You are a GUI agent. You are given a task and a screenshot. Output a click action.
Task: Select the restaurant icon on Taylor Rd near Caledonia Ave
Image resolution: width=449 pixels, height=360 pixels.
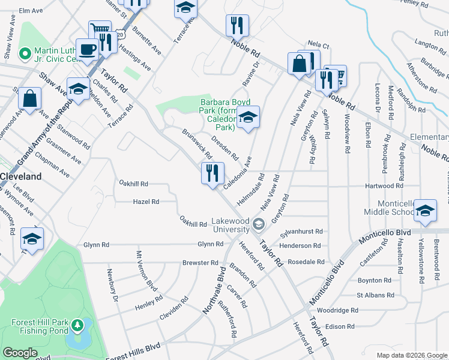[x=212, y=174]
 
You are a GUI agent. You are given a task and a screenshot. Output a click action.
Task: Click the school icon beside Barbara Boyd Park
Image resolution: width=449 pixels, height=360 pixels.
[x=248, y=118]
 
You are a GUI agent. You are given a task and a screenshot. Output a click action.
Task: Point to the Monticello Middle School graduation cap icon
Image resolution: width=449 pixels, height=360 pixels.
[x=425, y=211]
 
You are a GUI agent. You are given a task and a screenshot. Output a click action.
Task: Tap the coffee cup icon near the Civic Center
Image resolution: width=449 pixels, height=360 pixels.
[x=88, y=49]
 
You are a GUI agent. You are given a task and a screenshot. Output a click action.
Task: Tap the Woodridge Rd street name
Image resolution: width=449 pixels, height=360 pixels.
[x=337, y=310]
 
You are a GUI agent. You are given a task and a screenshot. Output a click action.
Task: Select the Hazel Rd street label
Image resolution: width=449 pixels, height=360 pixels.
[x=146, y=202]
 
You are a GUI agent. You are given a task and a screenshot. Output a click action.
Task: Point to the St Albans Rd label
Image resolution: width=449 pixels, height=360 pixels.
[x=375, y=295]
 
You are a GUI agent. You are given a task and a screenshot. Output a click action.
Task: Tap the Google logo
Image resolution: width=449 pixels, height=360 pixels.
[x=20, y=353]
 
